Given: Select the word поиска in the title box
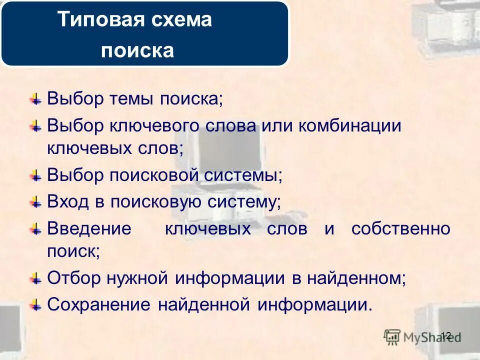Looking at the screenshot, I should click(137, 51).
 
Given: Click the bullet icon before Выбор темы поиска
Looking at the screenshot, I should click(35, 98).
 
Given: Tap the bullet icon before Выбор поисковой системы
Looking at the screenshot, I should click(35, 176).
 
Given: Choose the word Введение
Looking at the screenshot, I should click(89, 229).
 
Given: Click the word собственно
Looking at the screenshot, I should click(400, 229).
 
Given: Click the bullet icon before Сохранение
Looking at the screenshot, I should click(35, 304).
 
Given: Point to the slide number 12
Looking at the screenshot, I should click(446, 335).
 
